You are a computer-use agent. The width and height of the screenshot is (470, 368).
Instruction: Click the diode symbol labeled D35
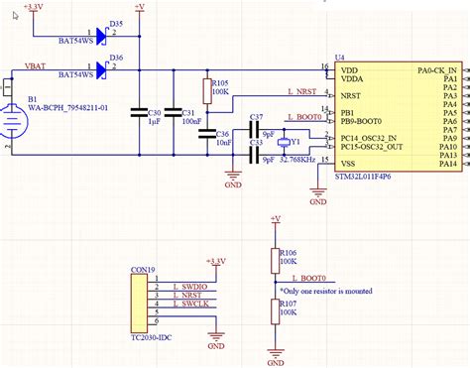tap(100, 36)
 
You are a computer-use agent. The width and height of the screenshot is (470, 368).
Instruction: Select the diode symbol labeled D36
tap(100, 72)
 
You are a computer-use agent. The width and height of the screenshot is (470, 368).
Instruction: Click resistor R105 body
tap(207, 92)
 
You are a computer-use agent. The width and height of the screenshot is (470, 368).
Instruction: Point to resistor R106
tap(276, 260)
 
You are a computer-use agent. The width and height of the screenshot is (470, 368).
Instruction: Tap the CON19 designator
tap(144, 269)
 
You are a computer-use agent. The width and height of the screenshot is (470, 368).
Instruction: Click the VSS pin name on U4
tap(348, 164)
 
